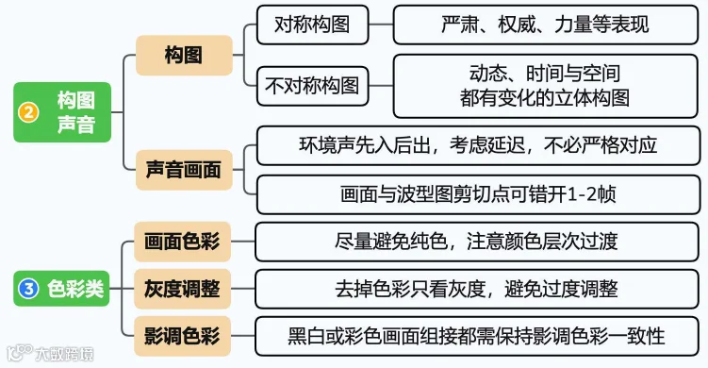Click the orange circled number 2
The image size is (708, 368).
tap(28, 112)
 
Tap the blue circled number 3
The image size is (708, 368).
tap(28, 289)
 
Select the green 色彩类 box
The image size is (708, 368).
tap(62, 289)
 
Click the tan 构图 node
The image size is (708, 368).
tap(184, 55)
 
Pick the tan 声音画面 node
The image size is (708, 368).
tap(184, 170)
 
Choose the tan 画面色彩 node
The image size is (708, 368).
tap(182, 242)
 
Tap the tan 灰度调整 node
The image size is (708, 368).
tap(182, 289)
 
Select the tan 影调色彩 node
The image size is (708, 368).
tap(182, 336)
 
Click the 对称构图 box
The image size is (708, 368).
tap(312, 25)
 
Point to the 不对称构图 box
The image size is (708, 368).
tap(312, 86)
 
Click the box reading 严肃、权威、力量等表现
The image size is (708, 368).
tap(546, 25)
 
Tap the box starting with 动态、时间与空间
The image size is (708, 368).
tap(546, 86)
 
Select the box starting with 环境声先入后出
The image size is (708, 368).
tap(478, 145)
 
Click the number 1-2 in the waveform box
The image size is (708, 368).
tap(582, 194)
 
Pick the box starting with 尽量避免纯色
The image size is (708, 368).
tap(477, 242)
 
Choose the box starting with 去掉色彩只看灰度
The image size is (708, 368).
tap(477, 289)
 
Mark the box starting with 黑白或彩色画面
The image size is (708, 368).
tap(477, 336)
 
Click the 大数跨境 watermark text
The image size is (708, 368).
tap(64, 354)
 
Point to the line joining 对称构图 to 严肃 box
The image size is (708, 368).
tap(381, 25)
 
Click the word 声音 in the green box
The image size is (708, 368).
tap(76, 125)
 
